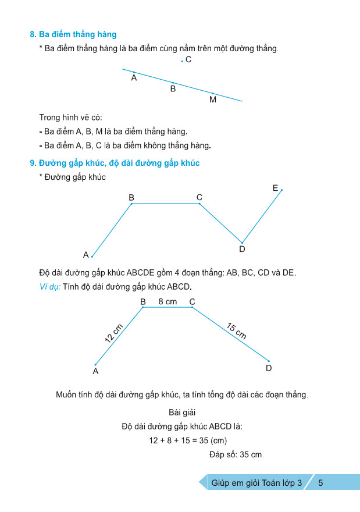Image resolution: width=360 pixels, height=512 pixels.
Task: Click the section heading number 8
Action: (33, 35)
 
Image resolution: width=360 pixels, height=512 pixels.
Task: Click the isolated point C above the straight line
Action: (182, 61)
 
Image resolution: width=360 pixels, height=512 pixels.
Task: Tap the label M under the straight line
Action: (213, 100)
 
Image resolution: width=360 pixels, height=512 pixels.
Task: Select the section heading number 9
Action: (33, 163)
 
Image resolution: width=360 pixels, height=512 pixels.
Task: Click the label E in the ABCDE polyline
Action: (275, 188)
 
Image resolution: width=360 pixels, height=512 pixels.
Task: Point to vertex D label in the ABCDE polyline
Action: (243, 250)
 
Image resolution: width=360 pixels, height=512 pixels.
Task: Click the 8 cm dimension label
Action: (167, 301)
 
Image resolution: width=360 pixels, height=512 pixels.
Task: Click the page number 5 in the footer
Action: (320, 482)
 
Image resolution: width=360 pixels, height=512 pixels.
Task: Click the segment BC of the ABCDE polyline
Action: (166, 204)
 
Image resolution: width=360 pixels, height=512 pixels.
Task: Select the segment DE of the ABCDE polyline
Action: (262, 216)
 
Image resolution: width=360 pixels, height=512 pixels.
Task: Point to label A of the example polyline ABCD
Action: (95, 371)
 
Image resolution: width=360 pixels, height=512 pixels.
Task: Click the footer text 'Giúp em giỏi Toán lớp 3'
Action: (257, 482)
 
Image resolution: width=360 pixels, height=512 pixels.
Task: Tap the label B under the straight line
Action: (173, 89)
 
